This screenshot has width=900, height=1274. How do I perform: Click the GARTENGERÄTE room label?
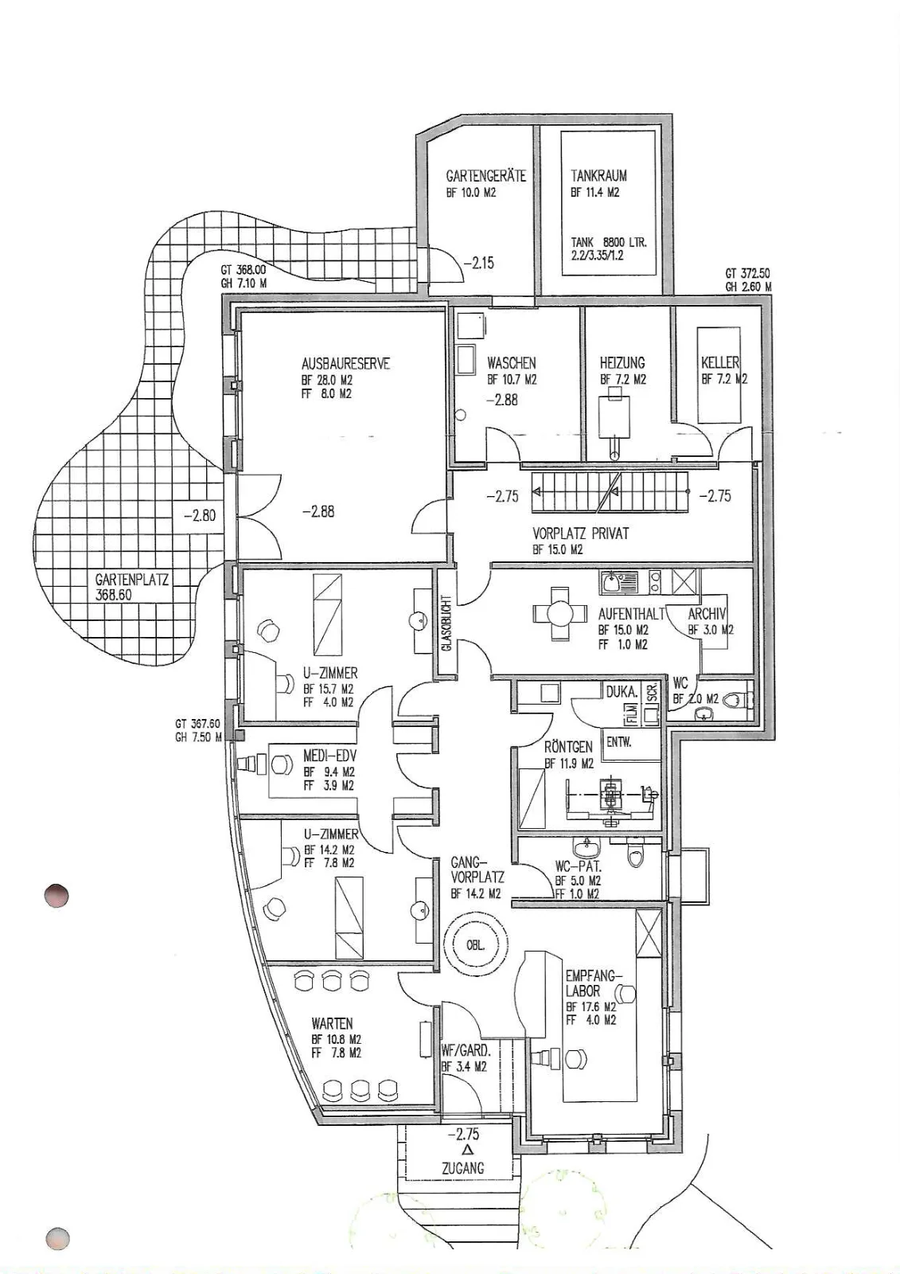click(x=486, y=176)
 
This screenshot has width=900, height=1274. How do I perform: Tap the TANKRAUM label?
click(x=598, y=176)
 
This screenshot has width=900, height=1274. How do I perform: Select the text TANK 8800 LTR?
click(x=609, y=242)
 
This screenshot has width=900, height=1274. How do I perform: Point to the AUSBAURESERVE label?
click(x=345, y=363)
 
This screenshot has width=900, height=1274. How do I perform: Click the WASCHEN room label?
click(x=512, y=363)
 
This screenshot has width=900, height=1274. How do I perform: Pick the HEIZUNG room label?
click(x=622, y=362)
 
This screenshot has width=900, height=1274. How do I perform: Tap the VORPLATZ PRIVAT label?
click(x=580, y=533)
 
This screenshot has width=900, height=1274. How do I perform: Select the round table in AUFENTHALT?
click(x=560, y=614)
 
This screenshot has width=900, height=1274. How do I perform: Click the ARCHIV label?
click(x=707, y=614)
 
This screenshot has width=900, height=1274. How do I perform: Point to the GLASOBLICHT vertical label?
click(x=446, y=623)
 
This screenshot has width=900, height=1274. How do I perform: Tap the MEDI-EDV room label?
click(x=329, y=757)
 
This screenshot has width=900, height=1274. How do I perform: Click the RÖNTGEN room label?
click(x=568, y=747)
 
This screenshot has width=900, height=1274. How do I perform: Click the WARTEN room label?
click(x=333, y=1024)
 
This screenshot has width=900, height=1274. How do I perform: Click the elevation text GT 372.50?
click(x=748, y=274)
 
